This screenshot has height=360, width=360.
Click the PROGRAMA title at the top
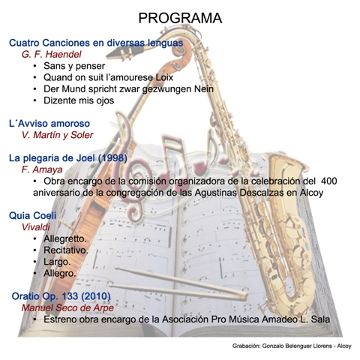(180, 18)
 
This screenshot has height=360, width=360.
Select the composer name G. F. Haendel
(52, 54)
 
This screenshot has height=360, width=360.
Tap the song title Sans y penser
(74, 66)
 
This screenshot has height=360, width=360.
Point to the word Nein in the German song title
(204, 88)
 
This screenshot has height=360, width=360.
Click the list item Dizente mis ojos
(79, 100)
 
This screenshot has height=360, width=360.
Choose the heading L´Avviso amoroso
(49, 124)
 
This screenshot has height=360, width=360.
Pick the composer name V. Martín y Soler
(57, 135)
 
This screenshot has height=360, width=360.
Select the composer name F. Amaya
(42, 169)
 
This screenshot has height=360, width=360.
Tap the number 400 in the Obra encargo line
(328, 181)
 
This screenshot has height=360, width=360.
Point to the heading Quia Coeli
(33, 215)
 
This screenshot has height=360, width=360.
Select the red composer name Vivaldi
(35, 227)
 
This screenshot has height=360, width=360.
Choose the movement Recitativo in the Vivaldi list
(66, 250)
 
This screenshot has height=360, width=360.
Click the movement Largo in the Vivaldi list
(57, 262)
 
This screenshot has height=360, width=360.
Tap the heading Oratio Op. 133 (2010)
(61, 296)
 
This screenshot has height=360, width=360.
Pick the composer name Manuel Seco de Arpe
(67, 307)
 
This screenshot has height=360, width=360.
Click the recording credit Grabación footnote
(292, 346)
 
